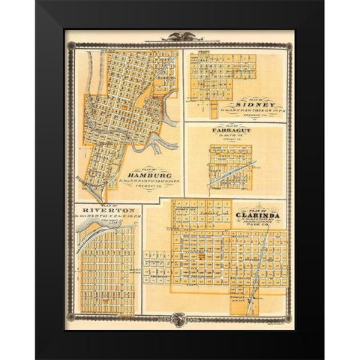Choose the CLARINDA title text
point(258,214)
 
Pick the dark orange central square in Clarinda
point(201,259)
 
